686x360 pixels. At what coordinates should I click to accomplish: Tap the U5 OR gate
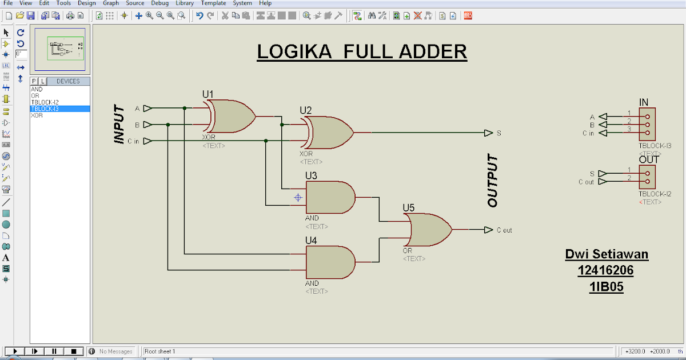click(x=429, y=230)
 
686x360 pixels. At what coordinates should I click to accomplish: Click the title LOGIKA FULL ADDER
click(x=361, y=52)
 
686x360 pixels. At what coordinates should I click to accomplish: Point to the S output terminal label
click(x=498, y=133)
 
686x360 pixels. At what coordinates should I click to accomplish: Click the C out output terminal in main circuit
click(x=503, y=230)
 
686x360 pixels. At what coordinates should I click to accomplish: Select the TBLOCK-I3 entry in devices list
click(x=46, y=109)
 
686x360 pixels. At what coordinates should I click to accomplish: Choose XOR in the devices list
click(x=37, y=115)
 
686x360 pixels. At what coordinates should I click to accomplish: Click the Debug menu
click(x=159, y=3)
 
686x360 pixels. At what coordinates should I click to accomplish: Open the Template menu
click(x=213, y=3)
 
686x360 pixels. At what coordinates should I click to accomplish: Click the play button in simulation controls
click(x=15, y=351)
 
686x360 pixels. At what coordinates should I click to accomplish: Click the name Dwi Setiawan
click(x=607, y=254)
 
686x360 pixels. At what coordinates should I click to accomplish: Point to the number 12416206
click(x=606, y=271)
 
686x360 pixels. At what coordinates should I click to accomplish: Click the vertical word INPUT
click(x=119, y=124)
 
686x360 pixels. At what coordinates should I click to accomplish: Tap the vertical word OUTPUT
click(x=493, y=181)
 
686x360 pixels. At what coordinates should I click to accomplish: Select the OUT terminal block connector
click(x=647, y=176)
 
